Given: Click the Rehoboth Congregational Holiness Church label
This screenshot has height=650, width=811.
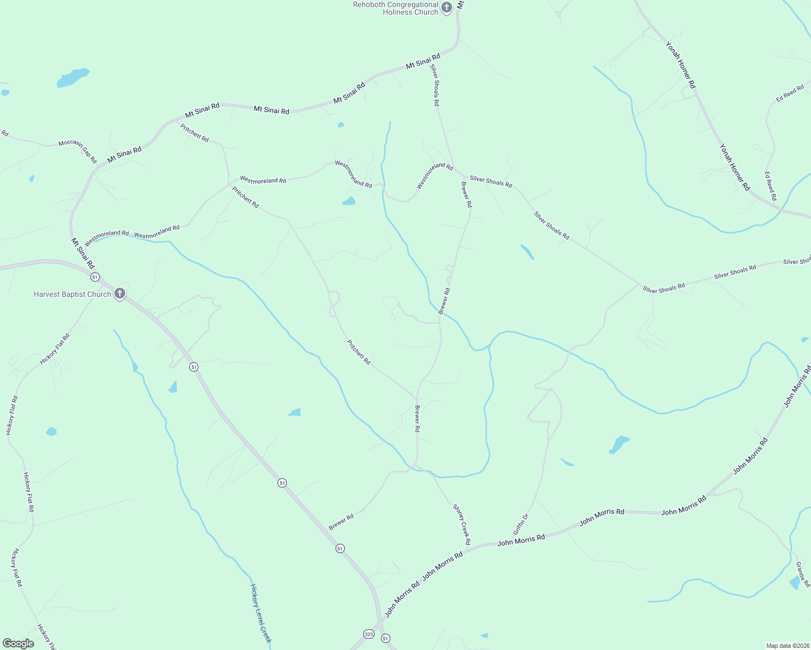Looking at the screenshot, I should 395,8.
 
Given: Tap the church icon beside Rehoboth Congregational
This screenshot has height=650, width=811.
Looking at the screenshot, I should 447,8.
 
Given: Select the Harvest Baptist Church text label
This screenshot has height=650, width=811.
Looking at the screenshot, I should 72,294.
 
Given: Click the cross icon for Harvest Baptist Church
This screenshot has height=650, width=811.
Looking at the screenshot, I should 120,294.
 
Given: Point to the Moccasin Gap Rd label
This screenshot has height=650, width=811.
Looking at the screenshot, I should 78,151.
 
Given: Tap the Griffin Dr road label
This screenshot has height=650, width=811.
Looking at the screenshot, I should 520,524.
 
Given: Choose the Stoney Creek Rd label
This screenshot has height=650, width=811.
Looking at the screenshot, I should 462,524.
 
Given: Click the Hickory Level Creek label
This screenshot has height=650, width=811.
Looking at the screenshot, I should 260,613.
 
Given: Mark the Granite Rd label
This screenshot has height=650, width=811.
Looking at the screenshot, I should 803,574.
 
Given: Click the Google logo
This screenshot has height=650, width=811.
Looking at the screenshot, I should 18,643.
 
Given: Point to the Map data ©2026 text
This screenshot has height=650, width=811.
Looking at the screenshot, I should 787,646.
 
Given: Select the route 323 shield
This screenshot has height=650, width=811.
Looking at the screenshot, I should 369,634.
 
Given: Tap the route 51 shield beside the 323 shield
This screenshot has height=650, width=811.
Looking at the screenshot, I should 385,639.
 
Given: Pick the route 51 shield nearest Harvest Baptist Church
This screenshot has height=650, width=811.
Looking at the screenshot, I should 95,277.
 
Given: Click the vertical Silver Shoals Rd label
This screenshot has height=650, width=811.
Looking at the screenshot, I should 435,85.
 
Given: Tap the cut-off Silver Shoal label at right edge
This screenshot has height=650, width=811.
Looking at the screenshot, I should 797,262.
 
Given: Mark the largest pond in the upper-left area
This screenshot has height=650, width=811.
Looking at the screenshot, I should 72,77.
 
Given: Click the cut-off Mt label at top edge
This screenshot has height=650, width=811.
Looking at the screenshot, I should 460,4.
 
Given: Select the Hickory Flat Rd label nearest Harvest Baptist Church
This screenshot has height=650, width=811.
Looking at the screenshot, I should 55,349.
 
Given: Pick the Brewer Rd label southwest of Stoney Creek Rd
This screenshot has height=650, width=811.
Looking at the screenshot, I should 341,522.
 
